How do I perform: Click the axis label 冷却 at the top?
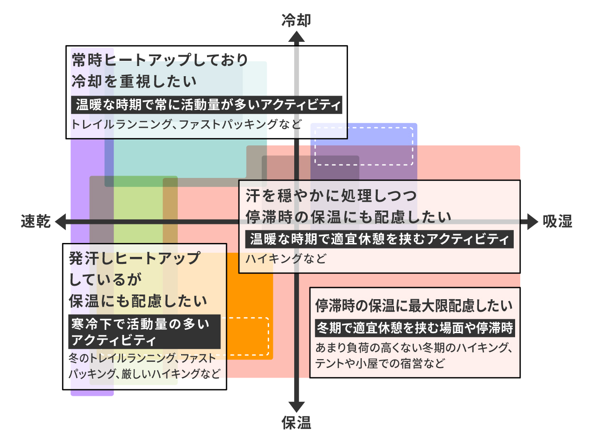click(296, 20)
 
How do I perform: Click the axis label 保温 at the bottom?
click(296, 423)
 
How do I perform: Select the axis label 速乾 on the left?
click(36, 222)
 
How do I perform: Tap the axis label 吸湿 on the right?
click(557, 222)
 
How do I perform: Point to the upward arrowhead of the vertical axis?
click(296, 37)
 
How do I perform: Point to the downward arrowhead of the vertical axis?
click(296, 406)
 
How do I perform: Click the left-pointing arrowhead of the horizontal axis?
click(61, 222)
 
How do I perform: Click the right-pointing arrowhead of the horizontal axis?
click(532, 222)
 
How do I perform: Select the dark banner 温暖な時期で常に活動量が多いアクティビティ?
click(207, 105)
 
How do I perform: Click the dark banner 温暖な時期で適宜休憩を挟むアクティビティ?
click(379, 239)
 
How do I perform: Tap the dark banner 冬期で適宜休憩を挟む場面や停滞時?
click(414, 328)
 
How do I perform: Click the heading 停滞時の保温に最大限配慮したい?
click(414, 306)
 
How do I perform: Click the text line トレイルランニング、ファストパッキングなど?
click(186, 124)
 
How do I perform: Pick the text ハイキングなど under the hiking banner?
click(286, 259)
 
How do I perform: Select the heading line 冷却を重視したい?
click(135, 81)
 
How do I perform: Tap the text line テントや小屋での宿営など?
click(380, 363)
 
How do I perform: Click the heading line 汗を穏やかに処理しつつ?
click(331, 196)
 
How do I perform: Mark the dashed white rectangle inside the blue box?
click(364, 145)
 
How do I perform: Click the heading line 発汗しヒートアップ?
click(135, 258)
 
